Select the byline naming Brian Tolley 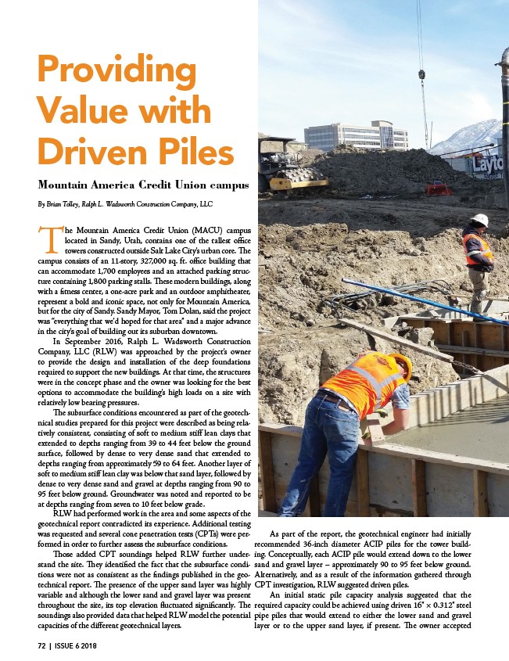[x=124, y=204]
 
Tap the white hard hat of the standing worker [x=481, y=220]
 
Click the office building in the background [x=356, y=137]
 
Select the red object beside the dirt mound [x=438, y=188]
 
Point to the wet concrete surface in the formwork [x=461, y=430]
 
